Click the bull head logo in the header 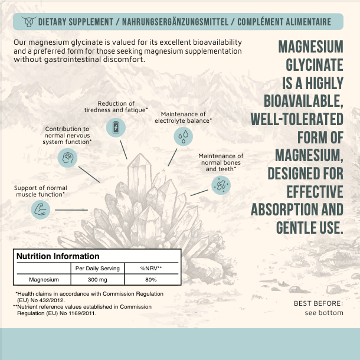(27, 22)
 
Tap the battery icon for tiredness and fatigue (115, 127)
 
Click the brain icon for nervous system (67, 158)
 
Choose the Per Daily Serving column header (97, 269)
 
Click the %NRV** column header (150, 269)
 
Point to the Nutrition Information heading (58, 257)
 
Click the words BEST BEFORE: (318, 304)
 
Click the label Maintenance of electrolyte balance (183, 117)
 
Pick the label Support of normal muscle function (40, 191)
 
